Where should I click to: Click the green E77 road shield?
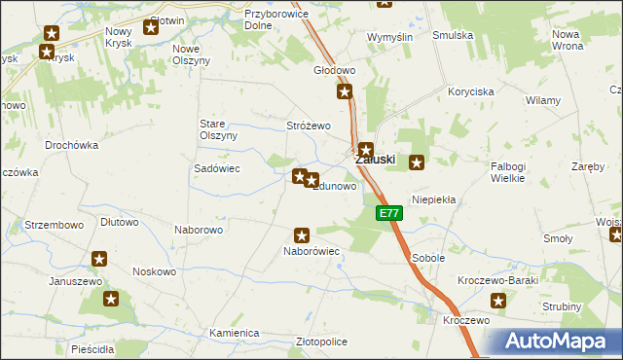tap(388, 213)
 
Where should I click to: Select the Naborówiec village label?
tap(311, 251)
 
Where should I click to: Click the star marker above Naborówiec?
tap(302, 234)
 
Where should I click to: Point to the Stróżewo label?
tap(309, 126)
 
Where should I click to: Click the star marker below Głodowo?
tap(345, 92)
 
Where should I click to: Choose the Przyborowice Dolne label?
tap(252, 20)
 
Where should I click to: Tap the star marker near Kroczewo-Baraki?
tap(499, 301)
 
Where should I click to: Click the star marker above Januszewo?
tap(98, 259)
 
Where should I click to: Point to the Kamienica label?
tap(234, 333)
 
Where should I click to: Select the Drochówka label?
tap(72, 145)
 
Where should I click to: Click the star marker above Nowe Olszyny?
tap(151, 26)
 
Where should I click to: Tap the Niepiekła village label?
tap(434, 198)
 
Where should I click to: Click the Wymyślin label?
tap(390, 36)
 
